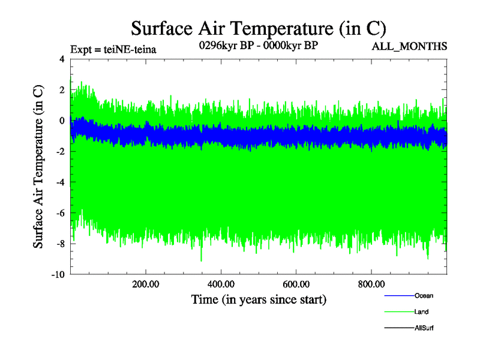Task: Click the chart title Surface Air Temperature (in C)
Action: [258, 28]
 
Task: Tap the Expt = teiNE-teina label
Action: [113, 50]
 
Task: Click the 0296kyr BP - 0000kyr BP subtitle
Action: [258, 45]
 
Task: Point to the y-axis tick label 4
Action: [62, 59]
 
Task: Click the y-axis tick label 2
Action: [62, 89]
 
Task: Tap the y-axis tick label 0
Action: [62, 121]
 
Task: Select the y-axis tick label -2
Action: [59, 151]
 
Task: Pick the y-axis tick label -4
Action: [59, 182]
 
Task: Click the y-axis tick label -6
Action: [59, 213]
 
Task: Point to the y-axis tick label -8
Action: [59, 244]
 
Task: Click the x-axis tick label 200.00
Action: [146, 284]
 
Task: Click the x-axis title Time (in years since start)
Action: [259, 299]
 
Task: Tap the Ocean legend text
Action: [424, 296]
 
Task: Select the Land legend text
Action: [421, 311]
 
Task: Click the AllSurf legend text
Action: [424, 328]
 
